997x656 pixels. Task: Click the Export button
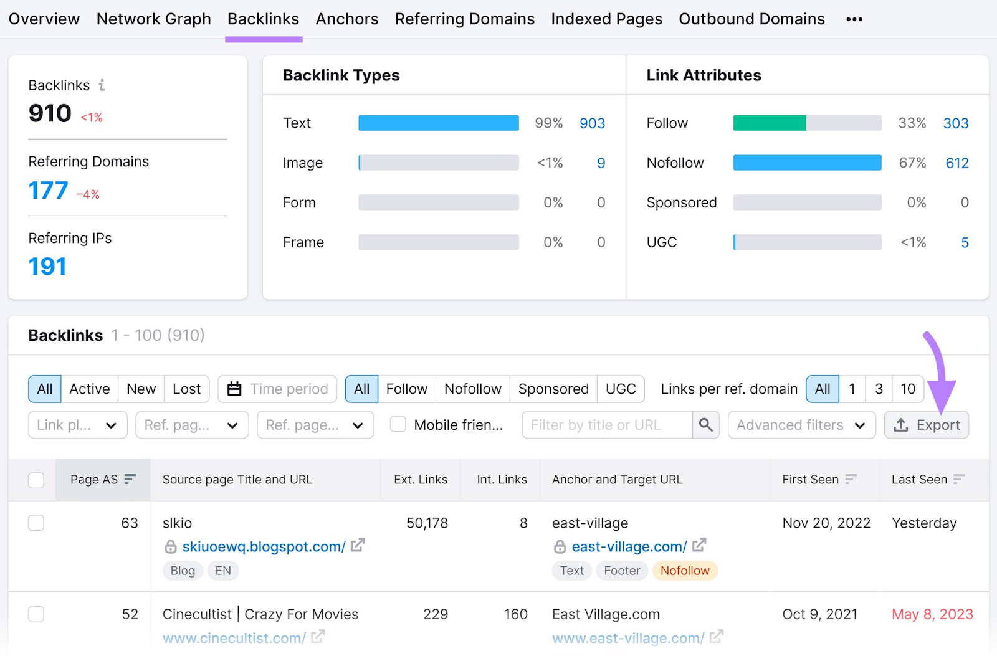pos(926,425)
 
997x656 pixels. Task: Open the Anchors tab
pos(347,19)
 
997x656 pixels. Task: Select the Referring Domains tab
pos(464,19)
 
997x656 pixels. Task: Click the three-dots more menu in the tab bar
pos(854,19)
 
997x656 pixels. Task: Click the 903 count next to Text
pos(592,123)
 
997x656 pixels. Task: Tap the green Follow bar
pos(769,123)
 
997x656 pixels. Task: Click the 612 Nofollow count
pos(956,163)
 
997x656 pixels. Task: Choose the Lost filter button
pos(186,389)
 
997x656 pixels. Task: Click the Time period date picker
pos(277,389)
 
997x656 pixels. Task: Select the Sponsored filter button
pos(553,389)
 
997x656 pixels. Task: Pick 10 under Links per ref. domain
pos(907,389)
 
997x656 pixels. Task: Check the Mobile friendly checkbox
pos(398,424)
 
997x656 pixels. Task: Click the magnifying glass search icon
pos(705,425)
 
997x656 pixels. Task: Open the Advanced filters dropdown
pos(801,425)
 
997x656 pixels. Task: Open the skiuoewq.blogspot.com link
pos(263,546)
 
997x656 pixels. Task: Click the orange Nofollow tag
pos(684,571)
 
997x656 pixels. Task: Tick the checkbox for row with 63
pos(36,523)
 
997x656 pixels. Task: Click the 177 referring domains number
pos(48,191)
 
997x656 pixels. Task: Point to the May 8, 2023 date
pos(932,614)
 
